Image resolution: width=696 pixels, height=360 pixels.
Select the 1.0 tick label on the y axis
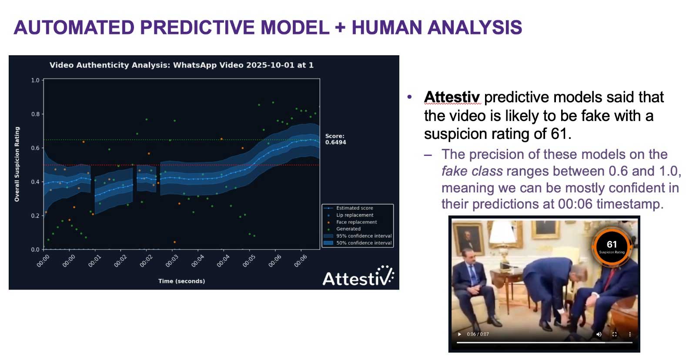pos(35,80)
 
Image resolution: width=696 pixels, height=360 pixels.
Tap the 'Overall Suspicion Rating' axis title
pos(17,164)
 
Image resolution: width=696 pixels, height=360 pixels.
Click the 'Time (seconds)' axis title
pos(181,281)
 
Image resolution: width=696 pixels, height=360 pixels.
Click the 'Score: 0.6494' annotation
pos(335,139)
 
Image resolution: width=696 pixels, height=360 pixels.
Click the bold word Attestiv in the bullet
pos(452,97)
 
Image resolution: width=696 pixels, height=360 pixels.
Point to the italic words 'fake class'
pos(472,171)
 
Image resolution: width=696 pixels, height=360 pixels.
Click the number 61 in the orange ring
pos(612,244)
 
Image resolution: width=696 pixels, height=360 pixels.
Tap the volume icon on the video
pos(599,334)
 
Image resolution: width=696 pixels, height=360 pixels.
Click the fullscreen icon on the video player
pos(614,334)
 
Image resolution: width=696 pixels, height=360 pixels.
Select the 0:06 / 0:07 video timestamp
pos(478,334)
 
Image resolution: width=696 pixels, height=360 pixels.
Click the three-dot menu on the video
pos(630,334)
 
